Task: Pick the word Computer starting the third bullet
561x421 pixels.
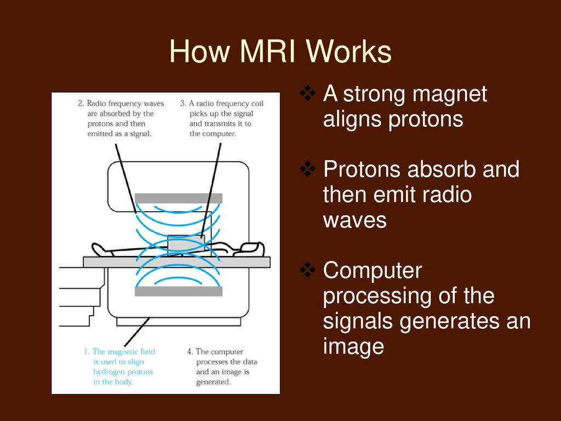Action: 373,271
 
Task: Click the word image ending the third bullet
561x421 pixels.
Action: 353,346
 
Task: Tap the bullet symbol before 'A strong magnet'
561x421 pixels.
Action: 309,95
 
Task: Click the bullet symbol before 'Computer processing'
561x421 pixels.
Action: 309,271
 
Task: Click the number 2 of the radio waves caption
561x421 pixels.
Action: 80,104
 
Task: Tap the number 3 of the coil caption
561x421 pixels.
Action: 182,104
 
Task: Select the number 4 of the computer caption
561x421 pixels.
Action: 190,352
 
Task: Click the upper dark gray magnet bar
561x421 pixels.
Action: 178,198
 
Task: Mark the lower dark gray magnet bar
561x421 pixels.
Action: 178,292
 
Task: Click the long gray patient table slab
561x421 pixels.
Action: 176,262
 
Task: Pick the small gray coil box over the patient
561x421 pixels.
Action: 186,243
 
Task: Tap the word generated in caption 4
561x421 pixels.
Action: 213,382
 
